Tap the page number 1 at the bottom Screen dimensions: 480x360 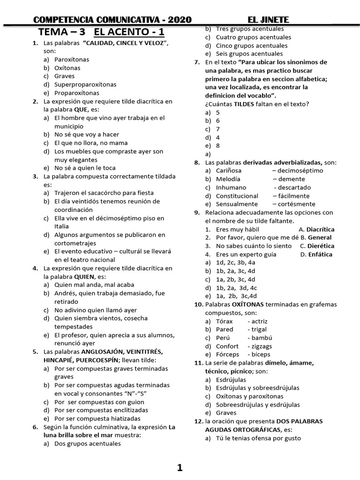pyautogui.click(x=180, y=467)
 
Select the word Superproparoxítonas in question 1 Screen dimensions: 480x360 pyautogui.click(x=85, y=85)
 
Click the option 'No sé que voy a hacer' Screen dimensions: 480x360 pyautogui.click(x=87, y=135)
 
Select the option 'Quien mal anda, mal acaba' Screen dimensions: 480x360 pyautogui.click(x=94, y=285)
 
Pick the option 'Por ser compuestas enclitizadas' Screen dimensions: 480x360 pyautogui.click(x=101, y=410)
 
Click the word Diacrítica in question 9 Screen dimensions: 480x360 pyautogui.click(x=320, y=230)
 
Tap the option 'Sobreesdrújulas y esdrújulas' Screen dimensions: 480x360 pyautogui.click(x=258, y=405)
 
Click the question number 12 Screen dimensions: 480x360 pyautogui.click(x=198, y=421)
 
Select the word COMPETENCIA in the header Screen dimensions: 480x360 pyautogui.click(x=63, y=19)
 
